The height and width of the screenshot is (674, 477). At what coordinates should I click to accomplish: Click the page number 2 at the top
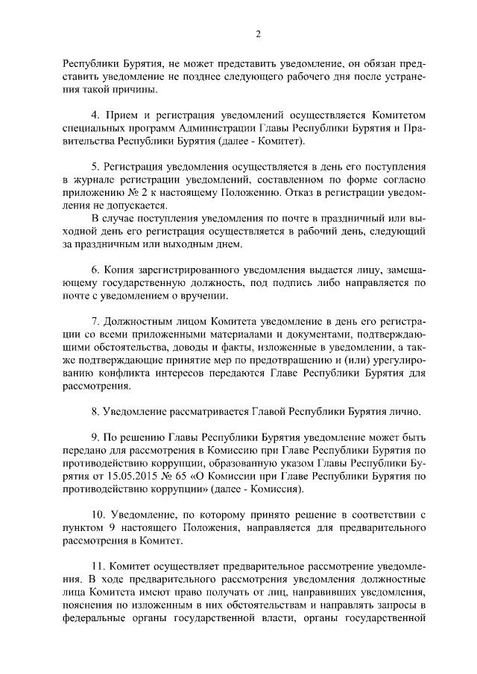(x=258, y=34)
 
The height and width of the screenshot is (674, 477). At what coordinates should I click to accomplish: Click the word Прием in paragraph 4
(x=124, y=115)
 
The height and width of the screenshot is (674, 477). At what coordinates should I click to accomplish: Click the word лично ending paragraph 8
(x=404, y=412)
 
